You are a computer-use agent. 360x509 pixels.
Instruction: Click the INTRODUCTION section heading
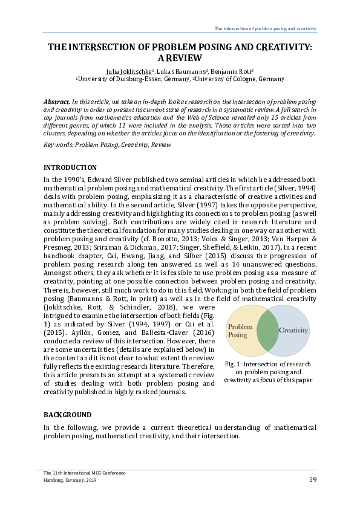tap(70, 167)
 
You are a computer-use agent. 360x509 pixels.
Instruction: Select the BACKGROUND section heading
tap(68, 415)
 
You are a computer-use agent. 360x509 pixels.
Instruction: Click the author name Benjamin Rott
tap(231, 71)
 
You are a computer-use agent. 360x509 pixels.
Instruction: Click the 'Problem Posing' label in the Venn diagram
tap(240, 331)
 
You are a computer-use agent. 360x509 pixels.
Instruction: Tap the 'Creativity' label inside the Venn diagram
tap(293, 331)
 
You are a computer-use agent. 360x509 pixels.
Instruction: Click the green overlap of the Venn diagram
tap(266, 331)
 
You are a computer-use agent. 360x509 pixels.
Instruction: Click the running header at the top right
tap(266, 29)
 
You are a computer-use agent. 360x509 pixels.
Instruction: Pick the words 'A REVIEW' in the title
tap(180, 59)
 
